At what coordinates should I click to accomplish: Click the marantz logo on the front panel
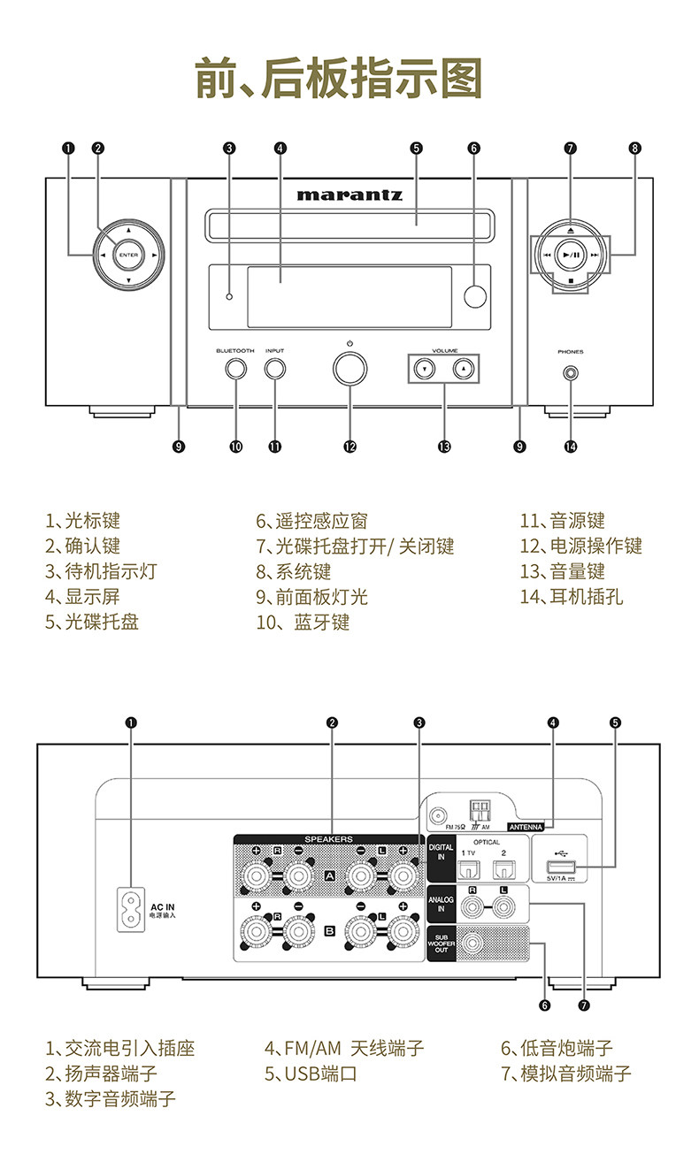click(349, 194)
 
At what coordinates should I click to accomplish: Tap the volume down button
click(425, 368)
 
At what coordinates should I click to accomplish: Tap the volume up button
click(464, 368)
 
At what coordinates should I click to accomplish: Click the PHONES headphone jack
click(570, 373)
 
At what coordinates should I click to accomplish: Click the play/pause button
click(571, 255)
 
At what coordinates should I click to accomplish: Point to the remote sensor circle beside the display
click(475, 297)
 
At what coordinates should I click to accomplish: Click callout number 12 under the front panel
click(349, 447)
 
